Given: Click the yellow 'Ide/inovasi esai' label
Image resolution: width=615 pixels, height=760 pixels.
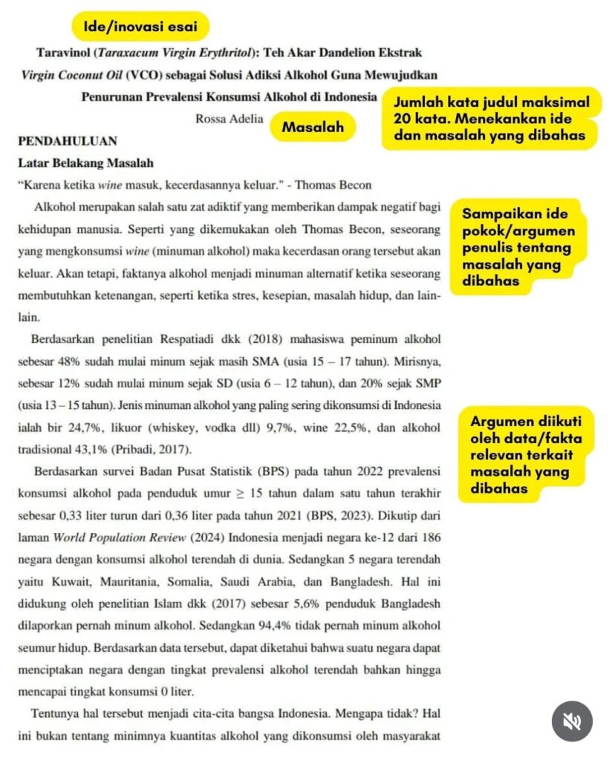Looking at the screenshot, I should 140,27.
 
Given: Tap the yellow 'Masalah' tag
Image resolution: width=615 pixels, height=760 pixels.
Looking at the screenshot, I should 313,127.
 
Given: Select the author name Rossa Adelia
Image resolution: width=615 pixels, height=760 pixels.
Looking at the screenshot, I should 229,119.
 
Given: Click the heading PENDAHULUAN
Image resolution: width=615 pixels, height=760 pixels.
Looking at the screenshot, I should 66,140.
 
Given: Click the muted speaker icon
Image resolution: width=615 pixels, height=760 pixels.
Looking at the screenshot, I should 573,721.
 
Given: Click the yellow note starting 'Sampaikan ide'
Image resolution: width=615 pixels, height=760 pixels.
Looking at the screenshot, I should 517,248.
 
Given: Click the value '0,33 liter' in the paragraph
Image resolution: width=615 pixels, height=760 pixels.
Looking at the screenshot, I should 88,514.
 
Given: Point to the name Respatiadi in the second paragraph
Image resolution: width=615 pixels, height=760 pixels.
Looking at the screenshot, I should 195,341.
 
